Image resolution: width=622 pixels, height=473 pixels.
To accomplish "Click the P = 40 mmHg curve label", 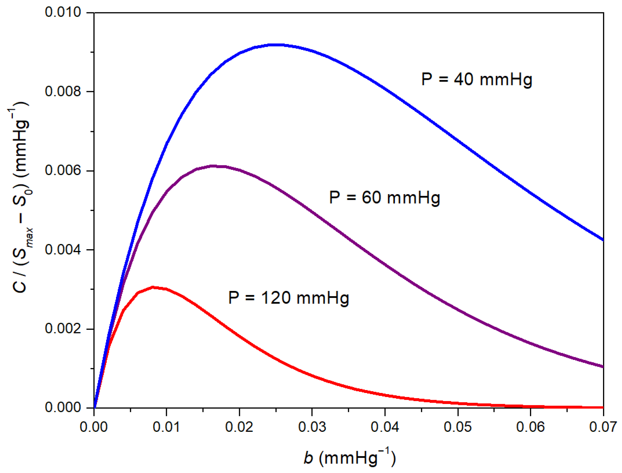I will click(x=476, y=79).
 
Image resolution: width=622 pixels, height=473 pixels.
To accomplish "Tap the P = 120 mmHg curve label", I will click(x=288, y=298).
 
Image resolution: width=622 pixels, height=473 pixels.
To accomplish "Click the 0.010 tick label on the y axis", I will click(x=63, y=13).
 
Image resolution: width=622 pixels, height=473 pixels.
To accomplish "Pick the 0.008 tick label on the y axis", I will click(x=63, y=91).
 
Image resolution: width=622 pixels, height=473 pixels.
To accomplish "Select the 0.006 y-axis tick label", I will click(x=63, y=171).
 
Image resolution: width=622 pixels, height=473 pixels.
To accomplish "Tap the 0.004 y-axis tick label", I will click(x=63, y=250).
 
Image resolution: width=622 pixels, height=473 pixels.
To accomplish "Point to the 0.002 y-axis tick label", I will click(x=63, y=329).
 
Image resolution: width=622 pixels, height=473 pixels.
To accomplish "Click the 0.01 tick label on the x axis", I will click(x=166, y=427).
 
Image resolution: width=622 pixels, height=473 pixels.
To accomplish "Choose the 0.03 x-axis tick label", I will click(x=312, y=427).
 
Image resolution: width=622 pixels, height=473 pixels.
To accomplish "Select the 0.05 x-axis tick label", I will click(x=457, y=427).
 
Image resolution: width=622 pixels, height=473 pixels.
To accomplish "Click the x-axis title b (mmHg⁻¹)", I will click(x=350, y=457).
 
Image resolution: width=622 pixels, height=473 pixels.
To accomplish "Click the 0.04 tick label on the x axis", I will click(x=385, y=427).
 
